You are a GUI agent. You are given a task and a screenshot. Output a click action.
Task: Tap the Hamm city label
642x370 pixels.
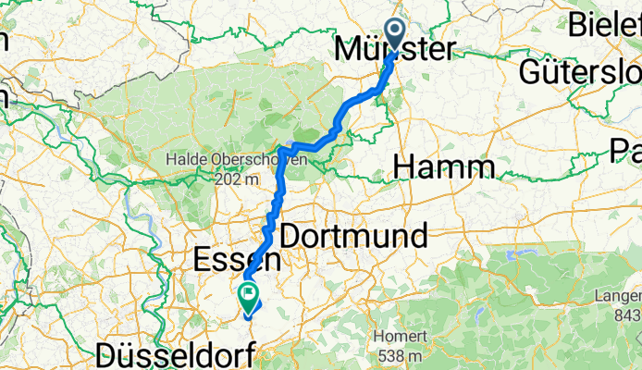pyautogui.click(x=443, y=166)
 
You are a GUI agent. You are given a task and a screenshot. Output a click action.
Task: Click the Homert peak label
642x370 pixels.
pyautogui.click(x=400, y=337)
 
